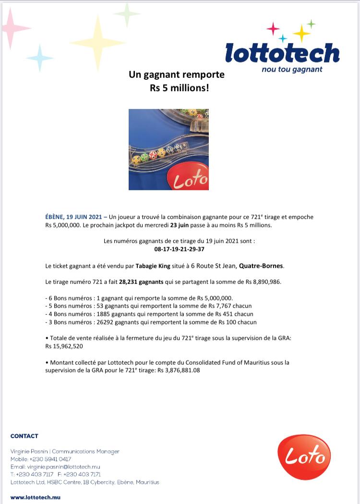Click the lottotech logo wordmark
(282, 53)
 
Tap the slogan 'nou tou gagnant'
(292, 69)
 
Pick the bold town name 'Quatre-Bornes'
(261, 266)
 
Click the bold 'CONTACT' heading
(24, 436)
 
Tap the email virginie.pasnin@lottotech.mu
(64, 467)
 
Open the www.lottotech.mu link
(36, 497)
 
